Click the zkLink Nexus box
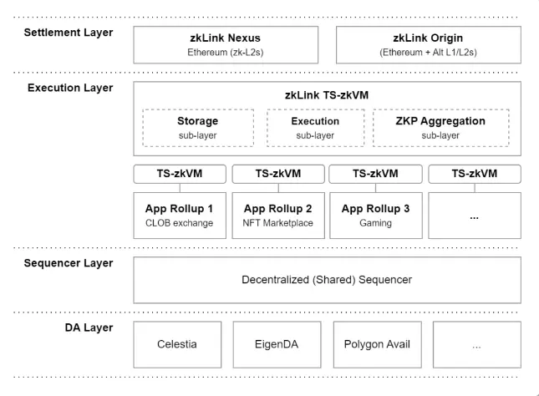coord(226,44)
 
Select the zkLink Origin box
coord(429,44)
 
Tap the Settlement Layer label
coord(69,33)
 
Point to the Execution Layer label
coord(70,88)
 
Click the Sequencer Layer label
coord(69,263)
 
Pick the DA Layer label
coord(89,328)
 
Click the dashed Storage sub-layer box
coord(198,128)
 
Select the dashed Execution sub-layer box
coord(316,128)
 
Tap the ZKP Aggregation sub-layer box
coord(441,128)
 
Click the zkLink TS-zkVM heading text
coord(327,95)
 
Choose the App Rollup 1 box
coord(180,216)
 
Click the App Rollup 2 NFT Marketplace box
coord(278,216)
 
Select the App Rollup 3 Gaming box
coord(376,216)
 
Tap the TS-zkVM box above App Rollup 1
coord(180,174)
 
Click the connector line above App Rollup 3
coord(376,188)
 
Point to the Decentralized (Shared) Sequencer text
coord(327,280)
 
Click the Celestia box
coord(177,345)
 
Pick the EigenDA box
coord(277,345)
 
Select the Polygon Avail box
coord(378,345)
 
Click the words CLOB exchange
coord(179,223)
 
